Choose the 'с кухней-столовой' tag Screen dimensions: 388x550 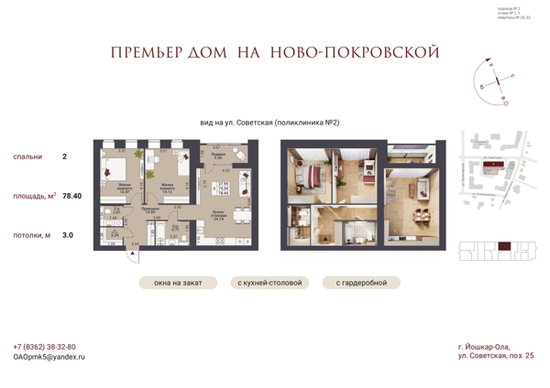point(269,283)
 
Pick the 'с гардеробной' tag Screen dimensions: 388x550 point(361,283)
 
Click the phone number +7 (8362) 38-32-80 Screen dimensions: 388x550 point(45,347)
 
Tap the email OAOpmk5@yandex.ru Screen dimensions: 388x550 point(49,357)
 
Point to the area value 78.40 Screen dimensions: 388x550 point(71,196)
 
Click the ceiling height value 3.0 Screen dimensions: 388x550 point(67,235)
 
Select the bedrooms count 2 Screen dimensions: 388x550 point(64,156)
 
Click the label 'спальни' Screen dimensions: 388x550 point(27,156)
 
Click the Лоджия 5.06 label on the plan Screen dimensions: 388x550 point(218,156)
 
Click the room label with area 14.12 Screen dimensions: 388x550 point(166,191)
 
